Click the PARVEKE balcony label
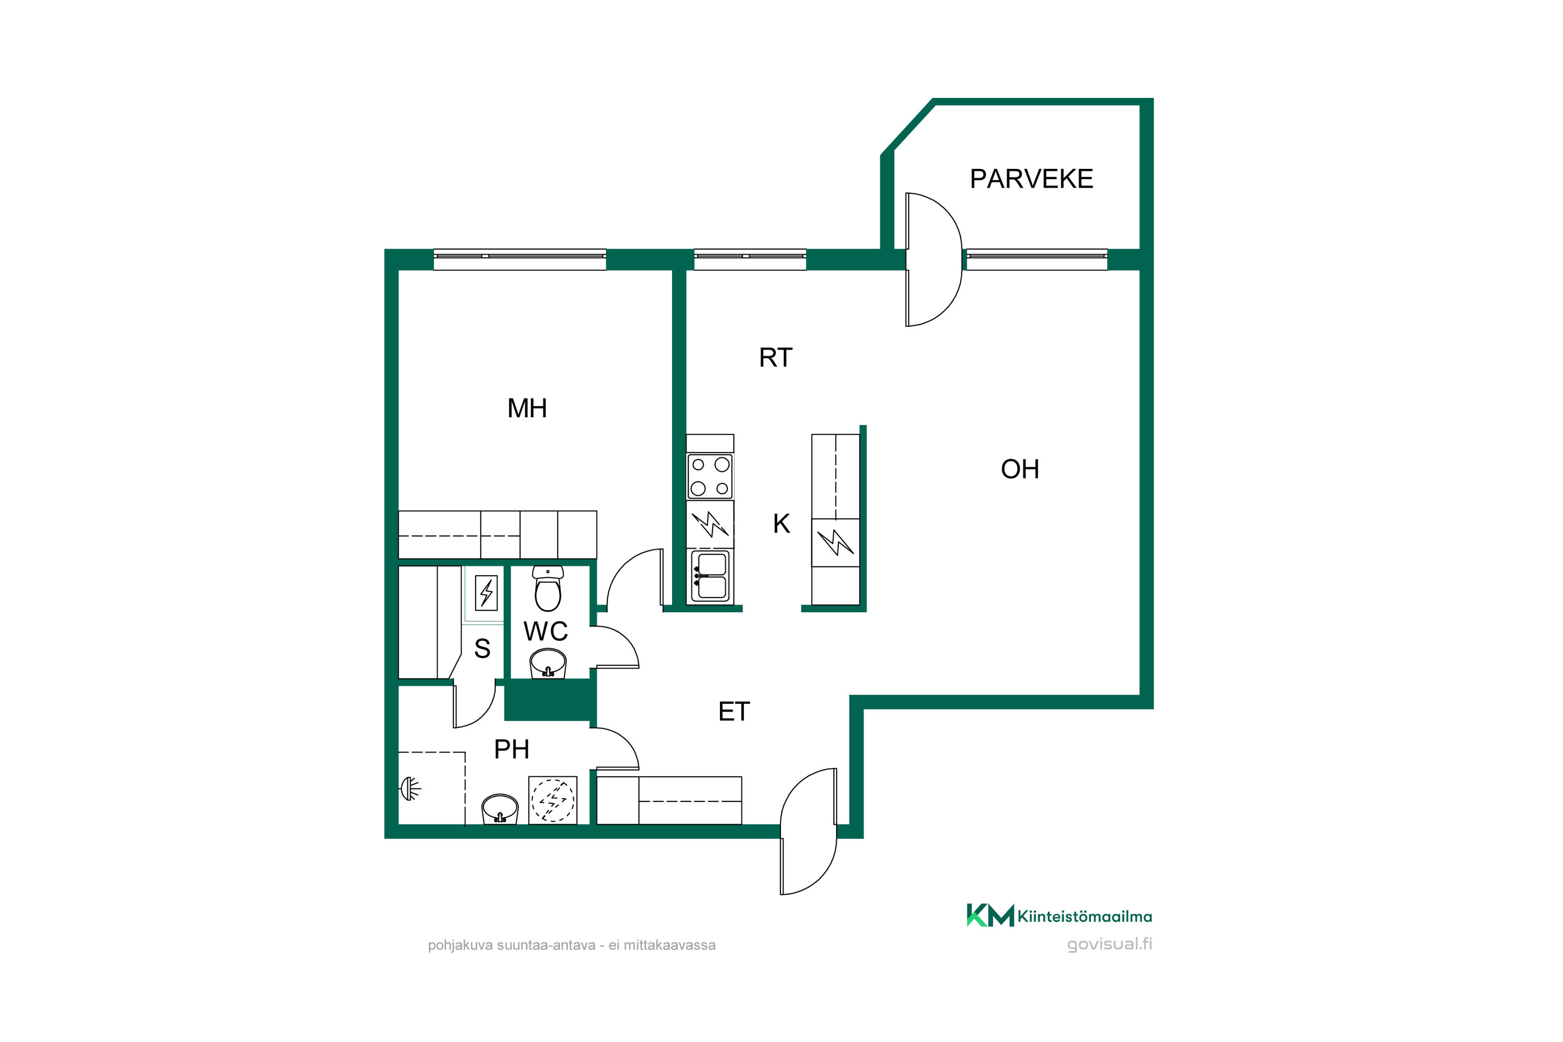click(1032, 179)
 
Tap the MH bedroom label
click(527, 408)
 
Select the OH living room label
click(1020, 469)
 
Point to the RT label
click(776, 357)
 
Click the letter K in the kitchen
click(781, 524)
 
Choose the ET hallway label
click(734, 712)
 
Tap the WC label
click(545, 631)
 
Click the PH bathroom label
click(512, 750)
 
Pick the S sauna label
click(482, 649)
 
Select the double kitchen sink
click(711, 576)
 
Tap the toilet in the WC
click(548, 588)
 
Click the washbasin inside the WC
click(548, 664)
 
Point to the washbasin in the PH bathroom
click(500, 809)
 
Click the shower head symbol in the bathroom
click(410, 789)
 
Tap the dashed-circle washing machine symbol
click(553, 800)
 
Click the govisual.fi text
click(1110, 944)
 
